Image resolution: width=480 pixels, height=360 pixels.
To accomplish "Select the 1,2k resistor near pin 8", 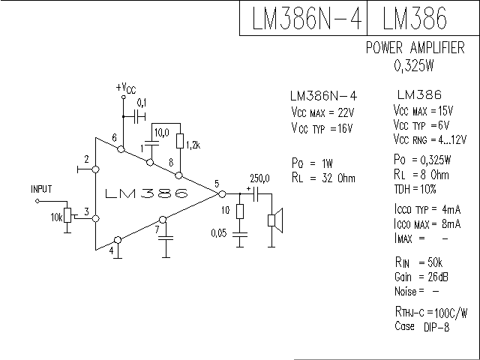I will click(179, 140).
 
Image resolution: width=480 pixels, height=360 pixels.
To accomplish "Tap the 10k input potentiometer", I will click(68, 216).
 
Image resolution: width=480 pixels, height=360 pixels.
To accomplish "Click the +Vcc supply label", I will click(126, 88).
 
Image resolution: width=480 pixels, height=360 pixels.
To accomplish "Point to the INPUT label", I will click(42, 189).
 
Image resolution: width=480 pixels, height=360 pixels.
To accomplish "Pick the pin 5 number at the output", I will click(216, 184).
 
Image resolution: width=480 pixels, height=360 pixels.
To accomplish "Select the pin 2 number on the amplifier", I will click(87, 160).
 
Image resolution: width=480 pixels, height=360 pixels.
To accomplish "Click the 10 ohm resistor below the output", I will click(239, 211).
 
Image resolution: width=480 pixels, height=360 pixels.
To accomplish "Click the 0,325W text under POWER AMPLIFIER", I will click(413, 65).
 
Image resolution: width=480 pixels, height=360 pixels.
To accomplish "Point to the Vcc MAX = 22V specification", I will click(322, 112).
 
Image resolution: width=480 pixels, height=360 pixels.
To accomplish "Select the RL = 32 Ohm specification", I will click(322, 178).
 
